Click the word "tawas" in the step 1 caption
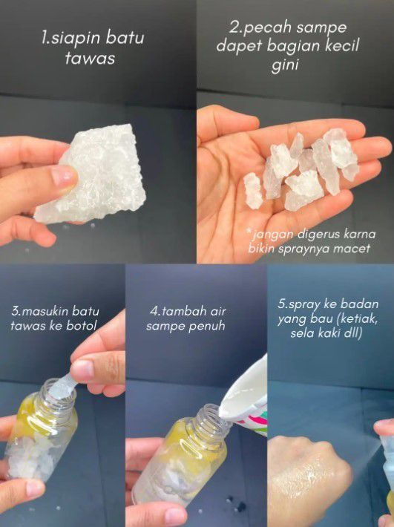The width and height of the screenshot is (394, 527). click(90, 58)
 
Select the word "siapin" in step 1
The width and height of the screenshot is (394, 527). click(71, 38)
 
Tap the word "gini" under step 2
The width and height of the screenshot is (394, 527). click(284, 65)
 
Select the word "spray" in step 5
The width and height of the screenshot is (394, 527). click(305, 304)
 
